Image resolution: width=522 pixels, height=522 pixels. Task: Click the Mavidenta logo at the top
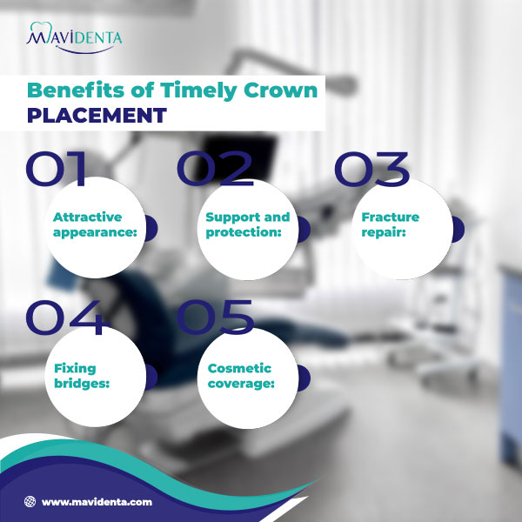(x=74, y=37)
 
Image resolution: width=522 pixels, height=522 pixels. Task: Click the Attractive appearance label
(x=87, y=224)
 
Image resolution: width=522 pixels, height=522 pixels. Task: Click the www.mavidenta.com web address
(x=97, y=502)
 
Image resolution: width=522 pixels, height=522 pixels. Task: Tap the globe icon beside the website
(x=30, y=502)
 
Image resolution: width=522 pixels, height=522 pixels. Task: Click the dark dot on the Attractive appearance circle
(x=150, y=229)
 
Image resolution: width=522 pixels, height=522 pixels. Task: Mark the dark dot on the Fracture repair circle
(x=457, y=229)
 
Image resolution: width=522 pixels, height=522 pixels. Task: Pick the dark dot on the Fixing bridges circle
(x=150, y=378)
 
